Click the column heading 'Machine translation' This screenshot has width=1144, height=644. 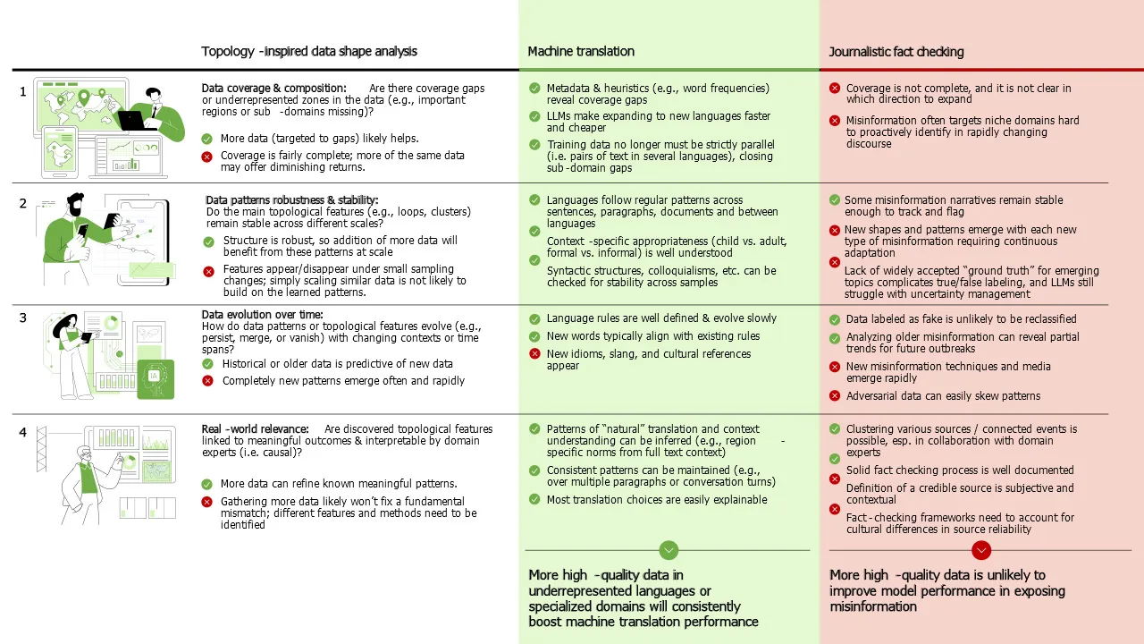click(581, 52)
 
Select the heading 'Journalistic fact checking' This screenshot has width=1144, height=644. click(896, 52)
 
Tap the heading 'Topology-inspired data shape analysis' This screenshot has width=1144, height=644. click(309, 52)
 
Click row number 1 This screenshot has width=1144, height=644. click(23, 90)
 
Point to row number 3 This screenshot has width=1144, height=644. click(23, 318)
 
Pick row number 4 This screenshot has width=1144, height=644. click(23, 432)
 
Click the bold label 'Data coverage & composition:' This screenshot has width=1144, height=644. click(273, 89)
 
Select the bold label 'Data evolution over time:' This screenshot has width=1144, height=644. click(263, 315)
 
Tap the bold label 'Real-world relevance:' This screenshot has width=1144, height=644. click(256, 429)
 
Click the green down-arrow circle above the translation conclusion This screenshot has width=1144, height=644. click(669, 550)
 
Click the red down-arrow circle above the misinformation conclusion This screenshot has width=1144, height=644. click(980, 550)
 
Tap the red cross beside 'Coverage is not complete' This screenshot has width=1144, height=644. click(835, 89)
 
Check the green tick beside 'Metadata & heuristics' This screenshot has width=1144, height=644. click(534, 89)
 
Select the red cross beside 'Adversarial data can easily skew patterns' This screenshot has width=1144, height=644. click(835, 396)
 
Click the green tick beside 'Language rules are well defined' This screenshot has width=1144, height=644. click(534, 318)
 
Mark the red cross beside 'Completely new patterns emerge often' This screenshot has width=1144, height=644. click(208, 381)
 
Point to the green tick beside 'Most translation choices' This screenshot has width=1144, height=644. click(534, 500)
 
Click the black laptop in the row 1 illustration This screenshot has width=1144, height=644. click(135, 120)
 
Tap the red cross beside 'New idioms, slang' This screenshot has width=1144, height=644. click(534, 354)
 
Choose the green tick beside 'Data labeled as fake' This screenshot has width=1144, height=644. click(835, 319)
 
